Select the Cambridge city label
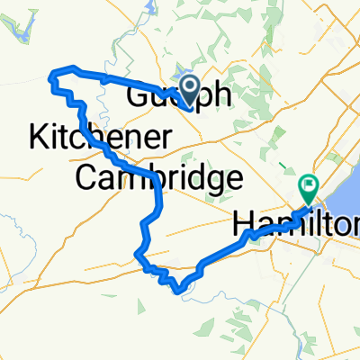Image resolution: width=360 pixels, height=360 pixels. (158, 177)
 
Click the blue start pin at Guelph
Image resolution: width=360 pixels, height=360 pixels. (191, 88)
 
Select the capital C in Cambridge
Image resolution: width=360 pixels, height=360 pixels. (86, 177)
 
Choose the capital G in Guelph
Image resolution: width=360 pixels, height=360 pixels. (139, 95)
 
